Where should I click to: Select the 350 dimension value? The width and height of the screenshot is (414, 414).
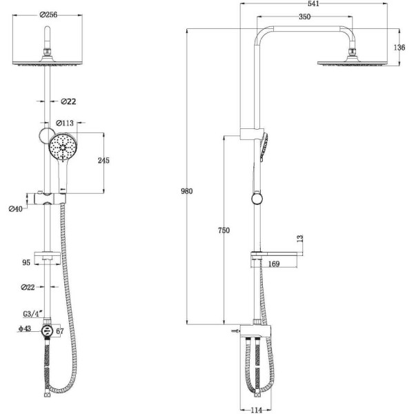click(x=304, y=17)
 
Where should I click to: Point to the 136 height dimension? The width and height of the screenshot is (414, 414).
click(x=399, y=47)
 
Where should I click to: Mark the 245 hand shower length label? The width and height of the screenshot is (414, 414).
click(x=103, y=161)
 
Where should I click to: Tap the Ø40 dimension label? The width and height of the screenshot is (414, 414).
click(x=14, y=209)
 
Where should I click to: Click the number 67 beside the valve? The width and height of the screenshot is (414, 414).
click(x=61, y=332)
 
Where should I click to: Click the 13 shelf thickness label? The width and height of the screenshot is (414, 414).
click(x=299, y=238)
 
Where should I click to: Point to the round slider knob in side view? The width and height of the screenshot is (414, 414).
click(x=257, y=200)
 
